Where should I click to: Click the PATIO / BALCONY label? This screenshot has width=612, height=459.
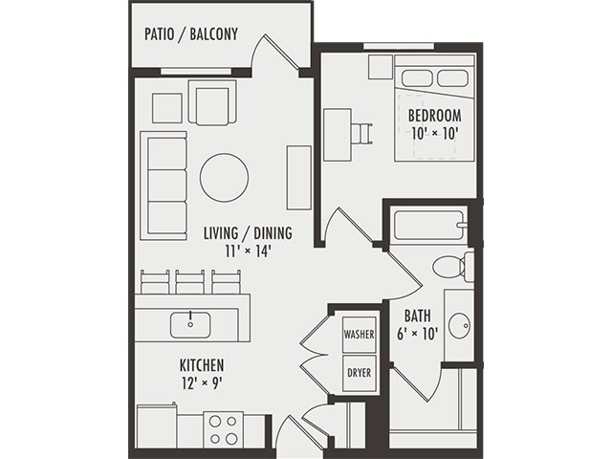[x=190, y=35]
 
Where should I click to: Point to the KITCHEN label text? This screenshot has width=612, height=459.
[x=202, y=365]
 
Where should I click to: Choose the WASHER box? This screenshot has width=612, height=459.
[x=360, y=336]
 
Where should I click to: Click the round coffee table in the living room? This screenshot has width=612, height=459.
[x=224, y=177]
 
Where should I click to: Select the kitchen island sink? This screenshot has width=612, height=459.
[x=190, y=324]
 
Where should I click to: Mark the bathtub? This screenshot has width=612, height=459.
[x=429, y=226]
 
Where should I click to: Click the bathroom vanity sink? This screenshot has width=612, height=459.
[x=459, y=326]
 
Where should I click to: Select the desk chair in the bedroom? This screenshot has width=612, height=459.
[x=361, y=131]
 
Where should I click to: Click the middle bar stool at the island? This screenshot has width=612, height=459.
[x=189, y=281]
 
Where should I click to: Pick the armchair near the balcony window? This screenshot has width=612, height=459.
[x=211, y=102]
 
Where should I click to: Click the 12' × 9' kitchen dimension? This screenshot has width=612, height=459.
[x=202, y=384]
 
